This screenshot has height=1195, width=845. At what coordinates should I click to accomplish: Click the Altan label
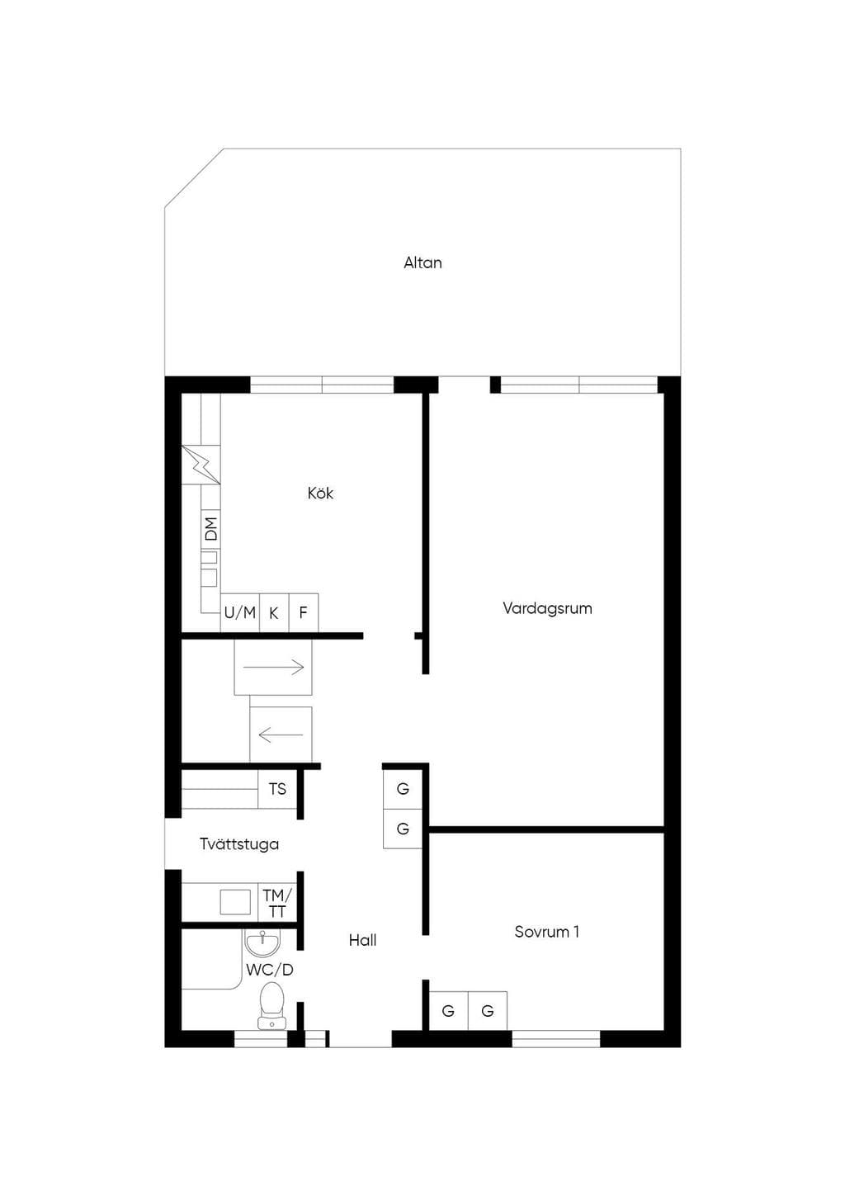(x=422, y=263)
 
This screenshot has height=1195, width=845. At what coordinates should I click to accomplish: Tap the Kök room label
(x=320, y=493)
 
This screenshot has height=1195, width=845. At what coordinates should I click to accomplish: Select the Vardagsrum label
(x=547, y=609)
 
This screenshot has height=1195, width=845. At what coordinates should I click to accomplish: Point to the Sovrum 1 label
(x=547, y=932)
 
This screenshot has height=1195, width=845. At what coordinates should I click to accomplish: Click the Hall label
(x=362, y=940)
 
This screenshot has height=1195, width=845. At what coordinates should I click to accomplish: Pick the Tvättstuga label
(x=239, y=844)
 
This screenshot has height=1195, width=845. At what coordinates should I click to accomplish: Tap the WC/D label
(x=269, y=970)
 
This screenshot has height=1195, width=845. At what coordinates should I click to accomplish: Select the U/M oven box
(x=240, y=612)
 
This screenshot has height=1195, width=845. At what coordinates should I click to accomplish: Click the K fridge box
(x=274, y=612)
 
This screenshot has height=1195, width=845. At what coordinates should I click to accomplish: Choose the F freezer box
(x=304, y=612)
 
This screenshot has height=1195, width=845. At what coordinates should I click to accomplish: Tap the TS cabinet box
(x=277, y=789)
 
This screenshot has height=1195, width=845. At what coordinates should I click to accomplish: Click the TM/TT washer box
(x=277, y=902)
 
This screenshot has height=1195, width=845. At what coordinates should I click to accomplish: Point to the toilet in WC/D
(x=272, y=1006)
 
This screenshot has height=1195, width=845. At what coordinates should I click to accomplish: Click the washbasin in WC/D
(x=262, y=942)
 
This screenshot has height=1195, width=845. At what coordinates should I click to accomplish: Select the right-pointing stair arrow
(x=274, y=667)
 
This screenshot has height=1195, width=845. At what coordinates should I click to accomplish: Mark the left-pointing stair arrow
(x=281, y=734)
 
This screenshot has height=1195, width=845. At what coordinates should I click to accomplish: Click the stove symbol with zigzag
(x=201, y=465)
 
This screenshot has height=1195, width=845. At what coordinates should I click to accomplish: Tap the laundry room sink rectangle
(x=235, y=902)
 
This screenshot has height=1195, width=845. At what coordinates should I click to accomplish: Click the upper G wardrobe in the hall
(x=403, y=788)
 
